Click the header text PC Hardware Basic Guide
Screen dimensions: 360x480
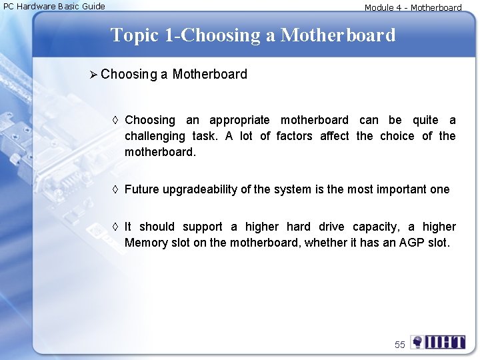pos(55,7)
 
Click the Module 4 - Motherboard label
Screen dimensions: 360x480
pos(413,8)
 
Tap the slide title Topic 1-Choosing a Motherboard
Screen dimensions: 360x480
pos(253,35)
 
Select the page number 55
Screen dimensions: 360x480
pos(399,345)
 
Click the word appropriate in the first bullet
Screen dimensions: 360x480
pos(239,120)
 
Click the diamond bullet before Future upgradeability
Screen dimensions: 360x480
pos(116,189)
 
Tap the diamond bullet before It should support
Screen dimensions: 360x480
pos(116,227)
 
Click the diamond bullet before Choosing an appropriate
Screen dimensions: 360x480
pos(116,120)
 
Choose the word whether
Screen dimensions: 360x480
pos(325,243)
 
